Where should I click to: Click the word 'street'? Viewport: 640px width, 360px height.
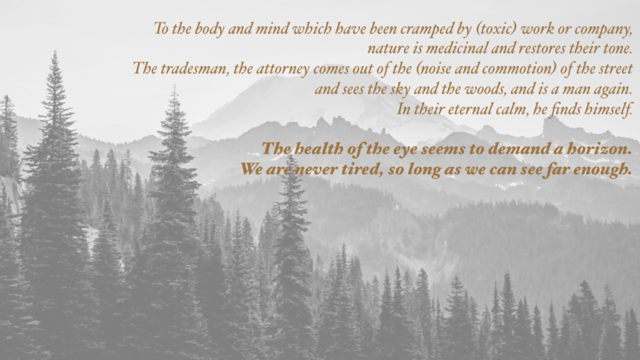click(x=616, y=68)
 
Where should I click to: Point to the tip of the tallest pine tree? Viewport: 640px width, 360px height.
click(x=55, y=51)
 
